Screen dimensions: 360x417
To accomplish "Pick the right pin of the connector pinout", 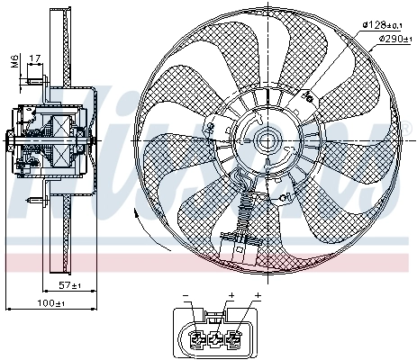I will pos(235,339).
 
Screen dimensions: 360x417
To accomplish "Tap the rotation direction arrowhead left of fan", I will pos(136,212).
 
